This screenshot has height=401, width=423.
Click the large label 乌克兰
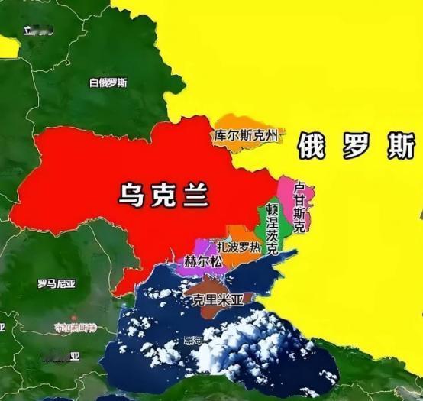pos(163,192)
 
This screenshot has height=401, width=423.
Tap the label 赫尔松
pos(202,261)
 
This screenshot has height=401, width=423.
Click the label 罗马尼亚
pos(57,284)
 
